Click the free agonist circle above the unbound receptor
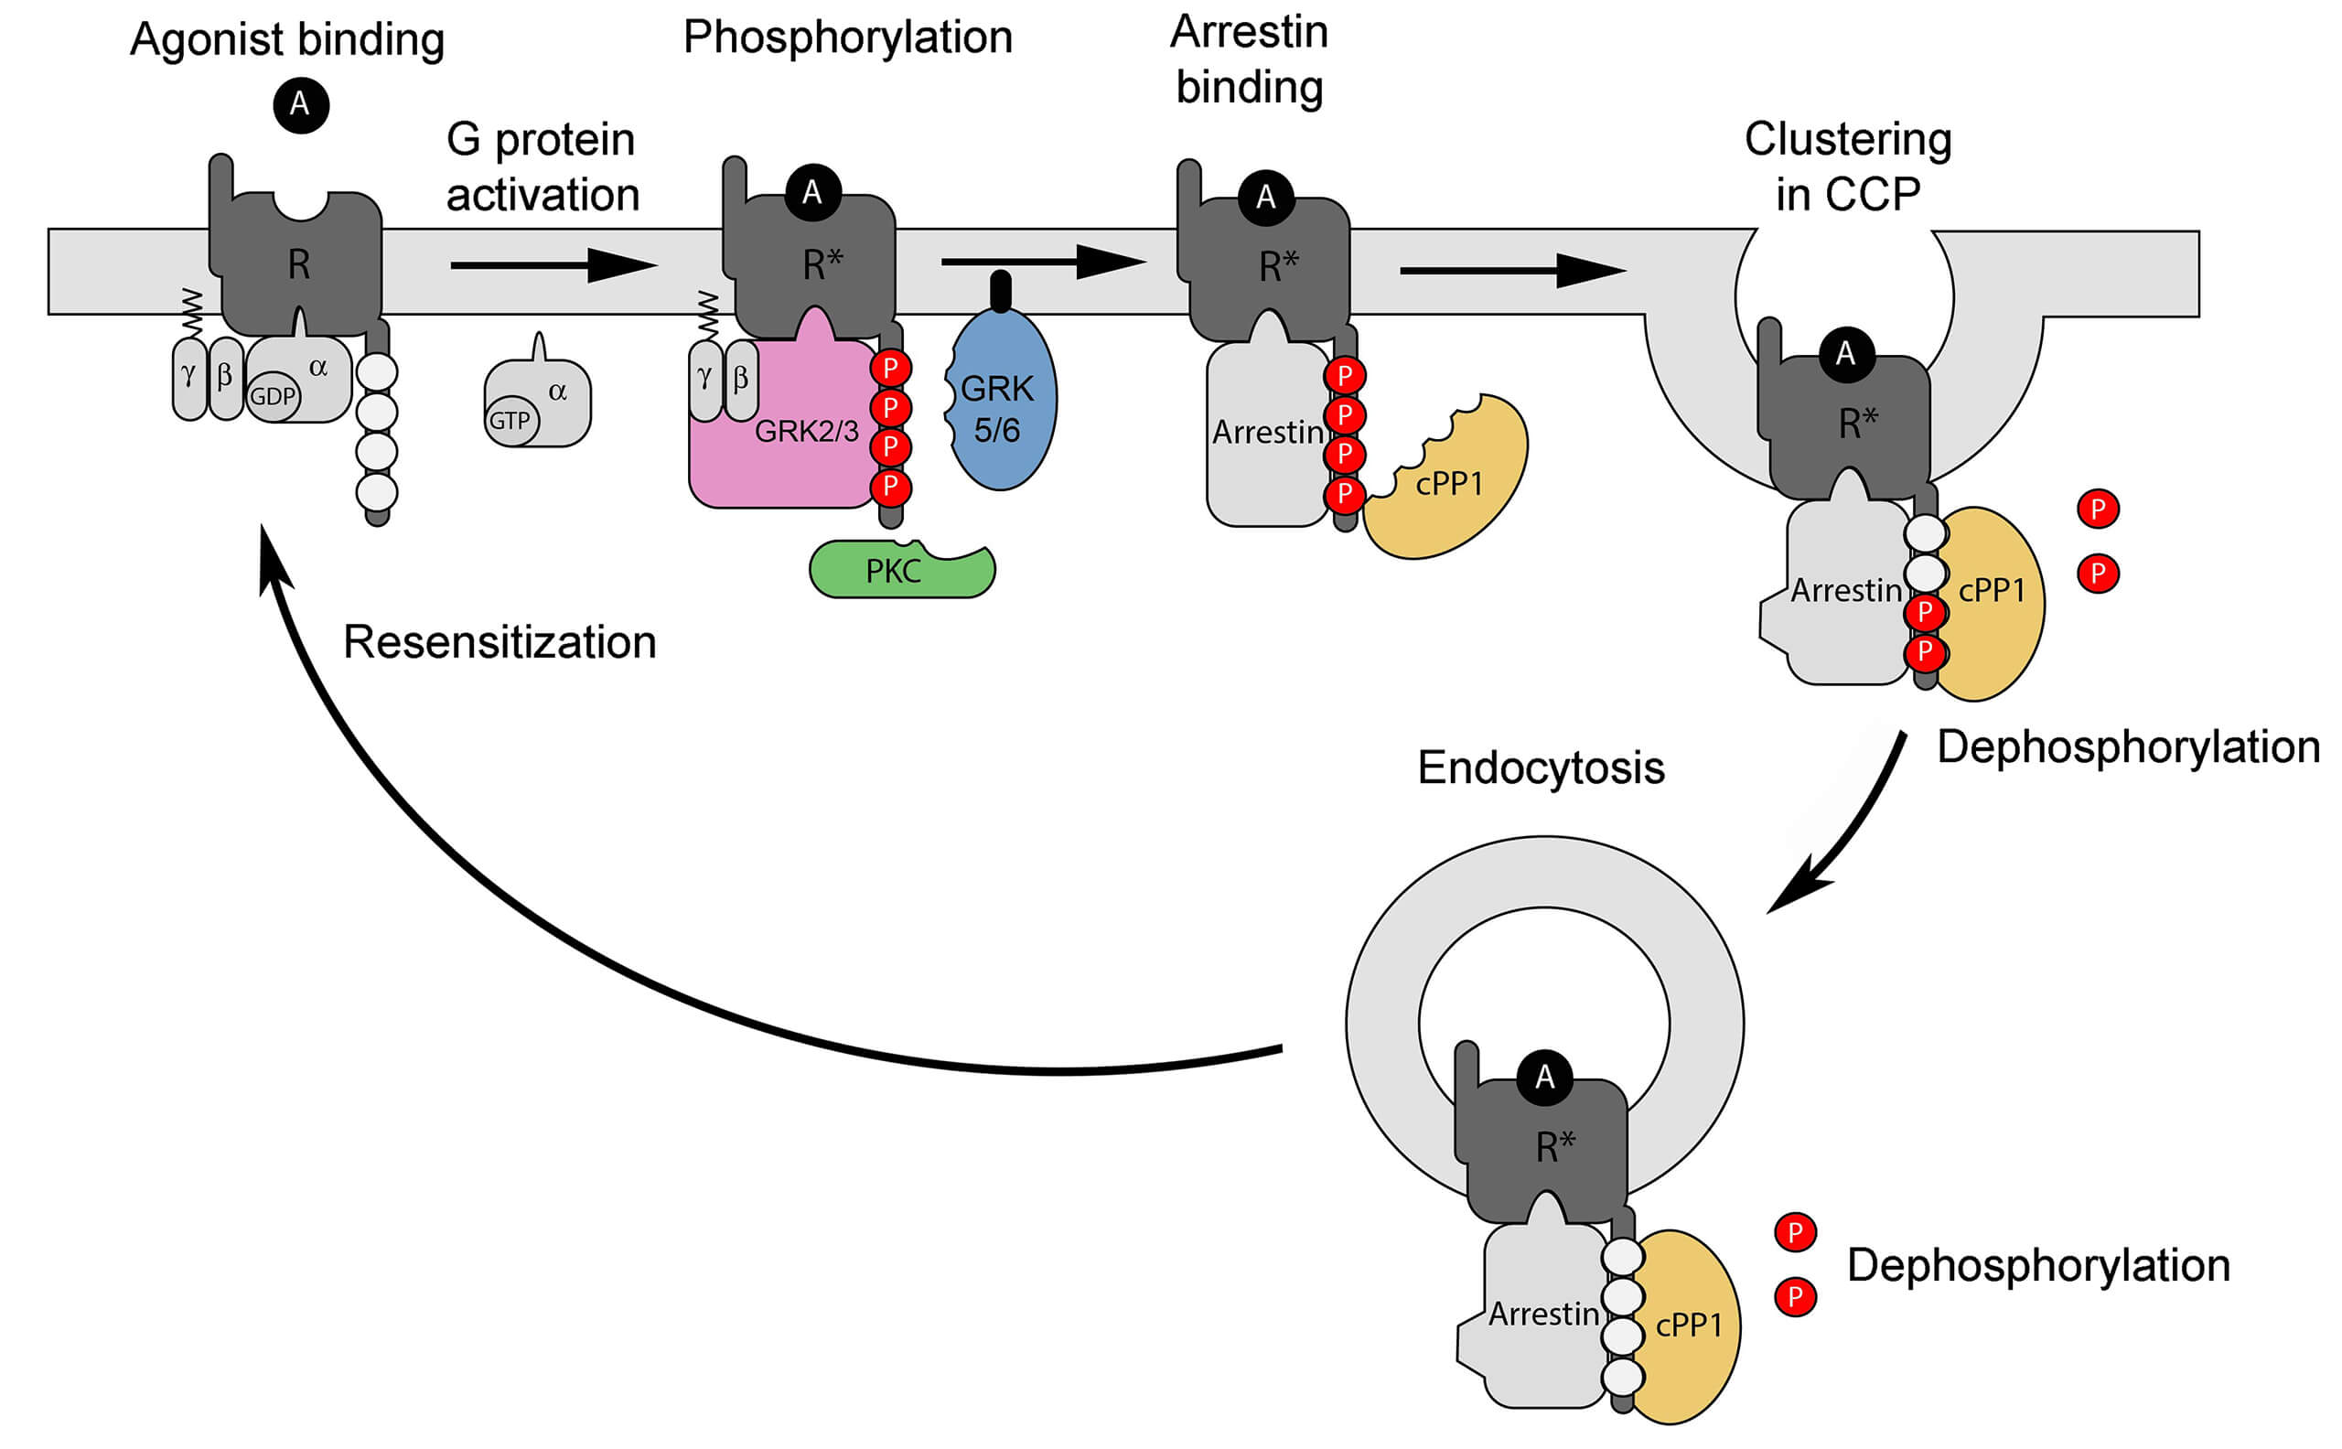pyautogui.click(x=301, y=104)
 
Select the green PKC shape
pyautogui.click(x=901, y=571)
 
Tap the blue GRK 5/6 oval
pyautogui.click(x=1002, y=402)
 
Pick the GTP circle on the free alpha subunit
pyautogui.click(x=510, y=421)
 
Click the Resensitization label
pyautogui.click(x=500, y=642)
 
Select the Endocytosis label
pyautogui.click(x=1540, y=767)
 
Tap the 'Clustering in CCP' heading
pyautogui.click(x=1846, y=166)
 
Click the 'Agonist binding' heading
pyautogui.click(x=286, y=39)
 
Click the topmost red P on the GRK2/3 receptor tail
pyautogui.click(x=890, y=368)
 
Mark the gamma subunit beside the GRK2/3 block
pyautogui.click(x=704, y=380)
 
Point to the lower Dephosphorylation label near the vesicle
pyautogui.click(x=2037, y=1265)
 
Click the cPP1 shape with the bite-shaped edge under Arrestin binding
pyautogui.click(x=1452, y=484)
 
